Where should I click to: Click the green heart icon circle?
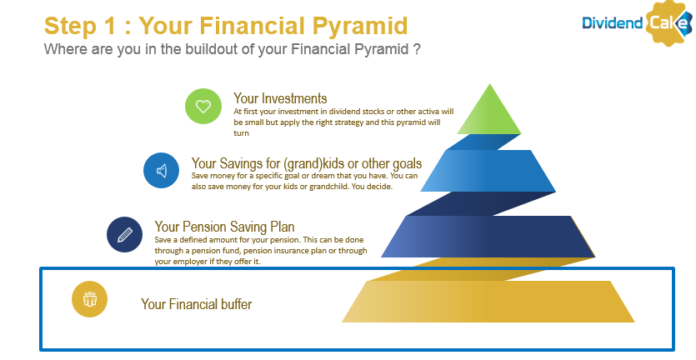[x=203, y=106]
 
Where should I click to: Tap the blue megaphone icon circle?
[x=161, y=171]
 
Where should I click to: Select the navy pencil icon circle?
[x=124, y=234]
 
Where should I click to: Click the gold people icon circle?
[x=90, y=299]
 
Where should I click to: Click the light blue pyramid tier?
[x=488, y=171]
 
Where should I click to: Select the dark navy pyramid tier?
[x=488, y=237]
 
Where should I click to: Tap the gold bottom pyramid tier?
[x=488, y=302]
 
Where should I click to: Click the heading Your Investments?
[x=280, y=98]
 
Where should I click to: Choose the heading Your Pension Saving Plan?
[x=224, y=227]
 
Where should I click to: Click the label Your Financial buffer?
[x=196, y=304]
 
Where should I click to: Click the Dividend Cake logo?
[x=638, y=22]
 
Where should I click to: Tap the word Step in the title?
[x=70, y=26]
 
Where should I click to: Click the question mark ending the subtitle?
[x=417, y=49]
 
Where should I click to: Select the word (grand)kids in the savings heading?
[x=313, y=164]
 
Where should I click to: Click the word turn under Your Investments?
[x=241, y=133]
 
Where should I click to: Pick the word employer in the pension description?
[x=190, y=262]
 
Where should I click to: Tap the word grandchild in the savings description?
[x=343, y=187]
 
